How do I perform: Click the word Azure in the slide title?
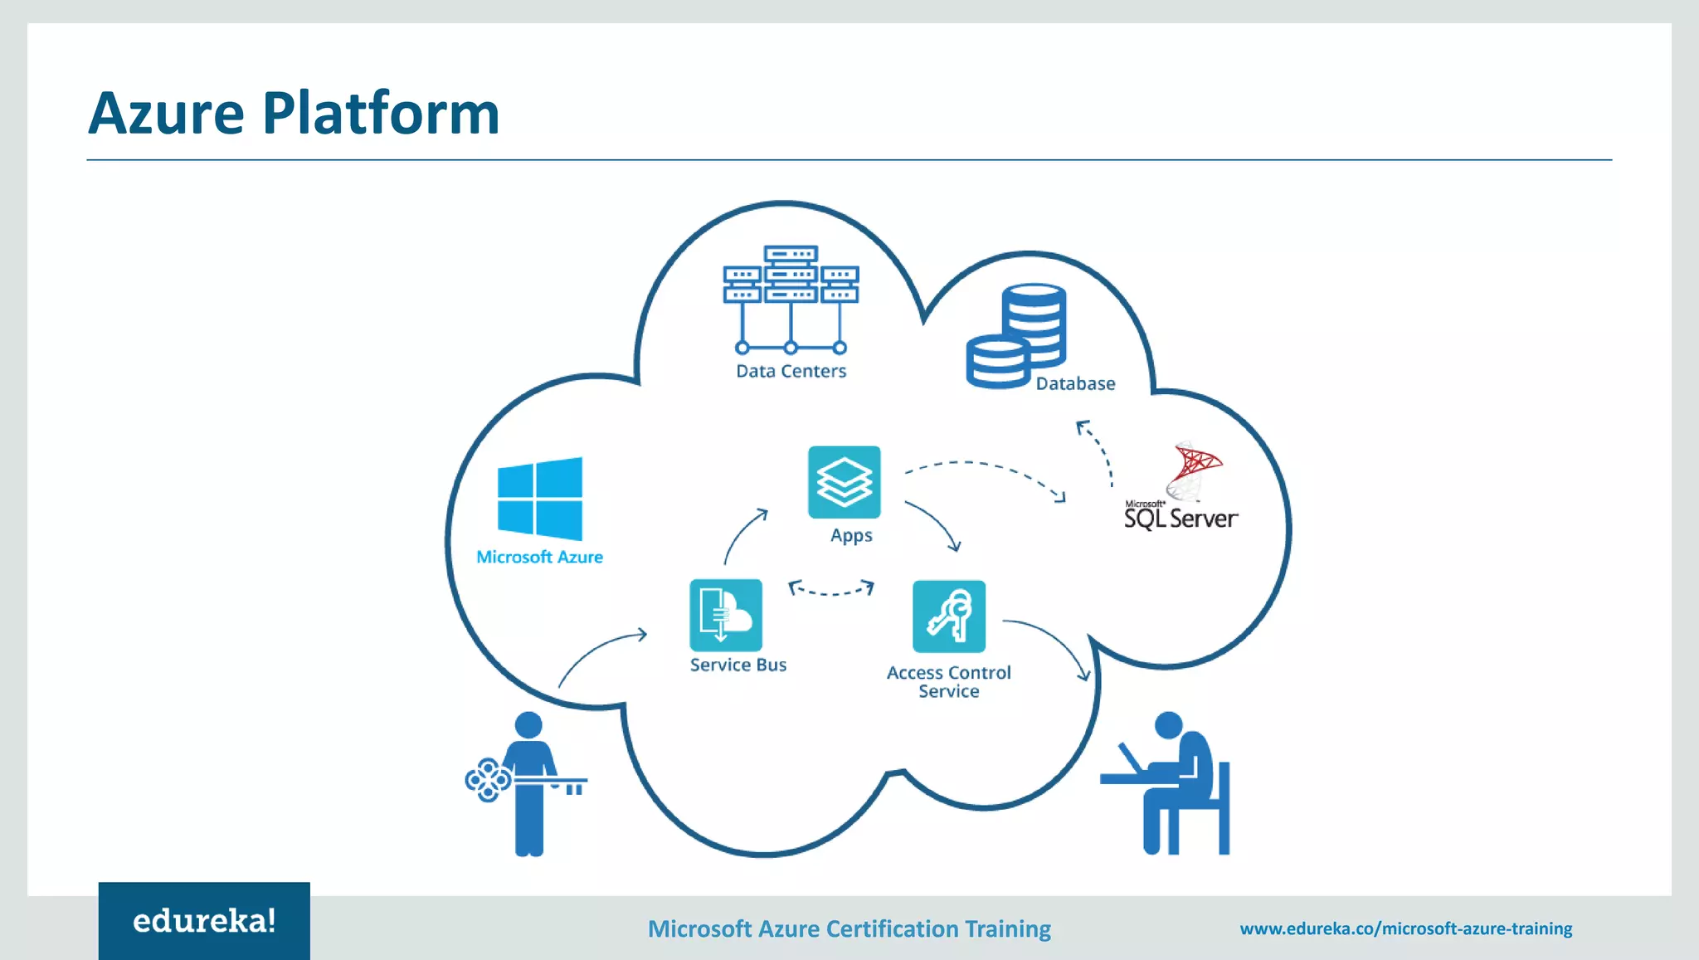[x=166, y=114]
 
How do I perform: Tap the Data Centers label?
[x=791, y=371]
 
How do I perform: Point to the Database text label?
[x=1075, y=383]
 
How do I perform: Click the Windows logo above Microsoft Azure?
[x=540, y=499]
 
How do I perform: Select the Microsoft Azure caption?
[x=539, y=557]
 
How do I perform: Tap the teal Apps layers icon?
[x=844, y=482]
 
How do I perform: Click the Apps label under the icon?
[x=851, y=535]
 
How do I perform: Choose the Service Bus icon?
[x=726, y=615]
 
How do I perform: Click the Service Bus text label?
[x=738, y=665]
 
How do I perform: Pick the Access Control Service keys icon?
[x=949, y=616]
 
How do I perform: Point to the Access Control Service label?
[x=949, y=682]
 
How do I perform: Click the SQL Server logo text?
[x=1181, y=519]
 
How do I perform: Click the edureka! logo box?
[x=204, y=920]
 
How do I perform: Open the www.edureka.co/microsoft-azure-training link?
[x=1406, y=928]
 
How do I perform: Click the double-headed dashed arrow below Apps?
[x=831, y=589]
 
